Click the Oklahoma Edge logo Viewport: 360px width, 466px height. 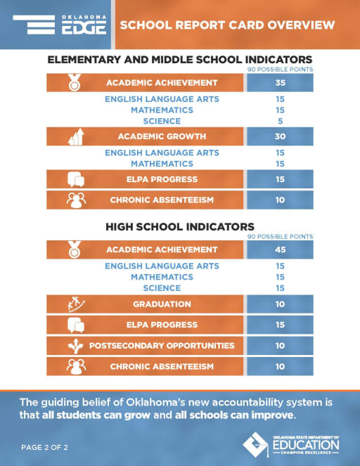[x=60, y=25]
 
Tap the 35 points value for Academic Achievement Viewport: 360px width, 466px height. [x=280, y=83]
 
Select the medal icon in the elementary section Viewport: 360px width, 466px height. [x=75, y=82]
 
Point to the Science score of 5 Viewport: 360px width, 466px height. [x=280, y=122]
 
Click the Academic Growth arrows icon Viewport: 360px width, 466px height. [x=76, y=137]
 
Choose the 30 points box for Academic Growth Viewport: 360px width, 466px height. [x=280, y=136]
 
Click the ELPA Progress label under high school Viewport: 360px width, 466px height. [x=162, y=325]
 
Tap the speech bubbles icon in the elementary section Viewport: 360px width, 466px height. [x=76, y=179]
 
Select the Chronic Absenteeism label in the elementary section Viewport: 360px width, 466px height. [x=162, y=200]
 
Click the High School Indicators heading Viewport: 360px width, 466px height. [x=180, y=227]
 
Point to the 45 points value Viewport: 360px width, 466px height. [x=280, y=250]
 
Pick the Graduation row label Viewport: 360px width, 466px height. [x=162, y=304]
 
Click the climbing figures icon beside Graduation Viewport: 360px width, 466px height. [x=76, y=304]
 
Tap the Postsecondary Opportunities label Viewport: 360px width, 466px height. [x=162, y=346]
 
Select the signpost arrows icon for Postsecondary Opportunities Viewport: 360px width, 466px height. [x=75, y=346]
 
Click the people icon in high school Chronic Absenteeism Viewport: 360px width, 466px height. [x=76, y=366]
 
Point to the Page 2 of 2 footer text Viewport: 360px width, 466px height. [x=44, y=447]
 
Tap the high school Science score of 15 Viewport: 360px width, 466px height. [x=280, y=288]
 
